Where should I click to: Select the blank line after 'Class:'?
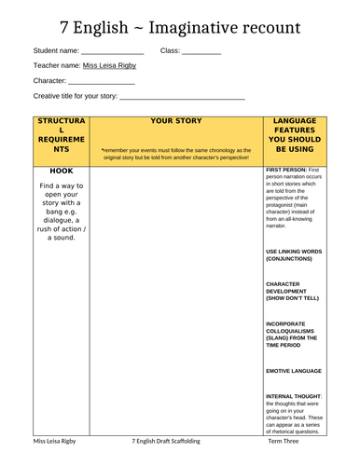pyautogui.click(x=201, y=52)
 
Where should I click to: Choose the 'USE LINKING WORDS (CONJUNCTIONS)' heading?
pyautogui.click(x=294, y=254)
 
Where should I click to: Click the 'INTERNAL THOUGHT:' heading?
pyautogui.click(x=294, y=395)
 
